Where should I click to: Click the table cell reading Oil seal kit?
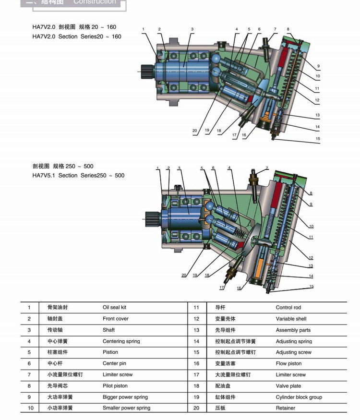click(x=114, y=307)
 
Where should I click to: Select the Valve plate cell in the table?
click(x=288, y=386)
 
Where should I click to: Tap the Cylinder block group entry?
click(x=299, y=397)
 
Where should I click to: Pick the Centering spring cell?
click(x=121, y=341)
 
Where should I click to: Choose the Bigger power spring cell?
click(x=125, y=397)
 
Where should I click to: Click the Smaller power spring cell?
click(x=126, y=408)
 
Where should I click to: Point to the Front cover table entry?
click(x=115, y=319)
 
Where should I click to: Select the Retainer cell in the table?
click(x=285, y=408)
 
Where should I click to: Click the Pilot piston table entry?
click(x=115, y=386)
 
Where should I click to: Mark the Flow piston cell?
click(x=288, y=363)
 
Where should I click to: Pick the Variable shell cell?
click(x=291, y=319)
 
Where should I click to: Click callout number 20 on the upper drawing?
click(x=194, y=131)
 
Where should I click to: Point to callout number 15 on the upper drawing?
click(x=318, y=139)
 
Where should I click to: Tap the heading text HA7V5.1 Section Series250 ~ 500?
click(x=78, y=175)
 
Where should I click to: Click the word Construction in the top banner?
click(x=95, y=2)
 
